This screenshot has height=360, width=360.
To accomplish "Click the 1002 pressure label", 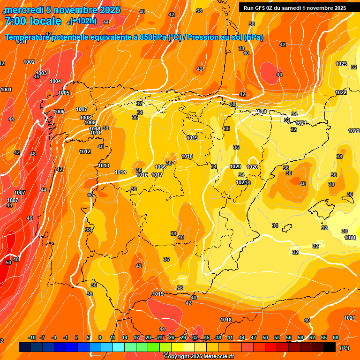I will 29,62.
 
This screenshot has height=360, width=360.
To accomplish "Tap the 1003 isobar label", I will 41,73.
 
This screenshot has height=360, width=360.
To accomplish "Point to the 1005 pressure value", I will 64,93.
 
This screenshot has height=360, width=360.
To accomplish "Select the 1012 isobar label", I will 85,151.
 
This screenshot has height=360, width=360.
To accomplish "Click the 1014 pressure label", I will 120,172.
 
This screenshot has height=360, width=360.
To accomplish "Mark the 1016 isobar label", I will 160,167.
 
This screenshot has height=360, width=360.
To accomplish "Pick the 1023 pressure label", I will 341,64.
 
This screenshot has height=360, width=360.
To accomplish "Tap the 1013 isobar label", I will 104,165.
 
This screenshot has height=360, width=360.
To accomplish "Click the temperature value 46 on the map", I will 30,218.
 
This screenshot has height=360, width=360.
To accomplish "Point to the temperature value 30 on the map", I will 345,231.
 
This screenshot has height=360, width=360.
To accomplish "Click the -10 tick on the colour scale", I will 32,337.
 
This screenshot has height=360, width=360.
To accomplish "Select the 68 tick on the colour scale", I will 336,337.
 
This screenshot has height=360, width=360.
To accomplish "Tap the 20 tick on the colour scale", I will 148,337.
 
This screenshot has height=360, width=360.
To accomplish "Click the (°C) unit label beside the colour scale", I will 344,348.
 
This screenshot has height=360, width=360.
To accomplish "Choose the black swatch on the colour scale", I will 330,347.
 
